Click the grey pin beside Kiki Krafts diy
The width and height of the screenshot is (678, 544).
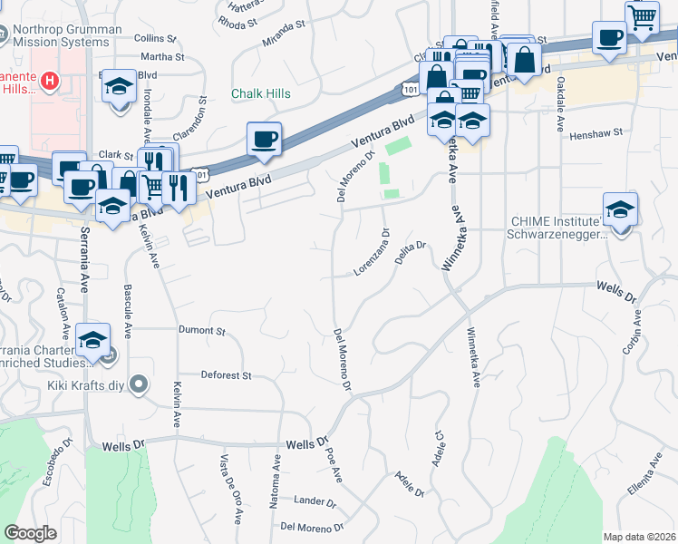(138, 386)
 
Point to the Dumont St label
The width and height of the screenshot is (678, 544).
(201, 331)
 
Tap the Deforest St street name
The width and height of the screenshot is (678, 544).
(226, 374)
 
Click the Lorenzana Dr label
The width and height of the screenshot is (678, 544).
(372, 252)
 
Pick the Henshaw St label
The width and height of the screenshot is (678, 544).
(596, 133)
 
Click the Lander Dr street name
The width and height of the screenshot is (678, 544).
(316, 500)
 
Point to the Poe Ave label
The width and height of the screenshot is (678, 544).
(333, 461)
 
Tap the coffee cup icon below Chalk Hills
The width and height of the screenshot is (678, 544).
(264, 140)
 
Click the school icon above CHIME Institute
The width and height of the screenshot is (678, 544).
(620, 209)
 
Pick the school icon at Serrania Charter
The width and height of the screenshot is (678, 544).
(93, 339)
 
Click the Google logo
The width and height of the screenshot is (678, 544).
(31, 533)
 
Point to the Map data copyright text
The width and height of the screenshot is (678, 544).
(638, 537)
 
